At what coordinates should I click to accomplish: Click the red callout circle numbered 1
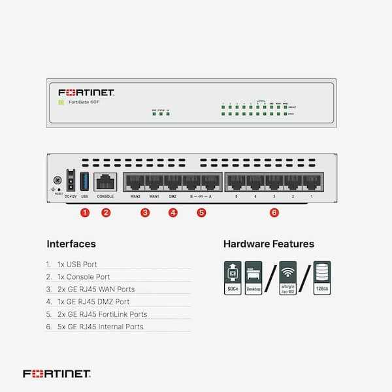84,212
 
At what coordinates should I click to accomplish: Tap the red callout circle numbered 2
106,212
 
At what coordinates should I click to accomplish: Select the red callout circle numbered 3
145,212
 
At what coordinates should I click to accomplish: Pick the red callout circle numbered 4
172,212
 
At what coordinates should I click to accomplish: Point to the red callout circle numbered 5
201,212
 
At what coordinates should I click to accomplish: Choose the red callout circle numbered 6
274,212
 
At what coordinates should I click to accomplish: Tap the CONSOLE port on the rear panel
105,182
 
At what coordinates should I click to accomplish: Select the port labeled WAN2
135,182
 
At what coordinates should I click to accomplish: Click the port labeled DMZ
173,182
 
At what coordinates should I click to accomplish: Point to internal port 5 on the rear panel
236,182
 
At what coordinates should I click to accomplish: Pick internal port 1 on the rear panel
312,182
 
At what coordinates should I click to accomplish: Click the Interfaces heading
71,244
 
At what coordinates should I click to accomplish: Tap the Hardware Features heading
269,244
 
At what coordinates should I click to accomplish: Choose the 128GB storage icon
321,278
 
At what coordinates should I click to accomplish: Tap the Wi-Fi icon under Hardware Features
287,278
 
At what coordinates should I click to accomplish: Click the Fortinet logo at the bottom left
57,374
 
